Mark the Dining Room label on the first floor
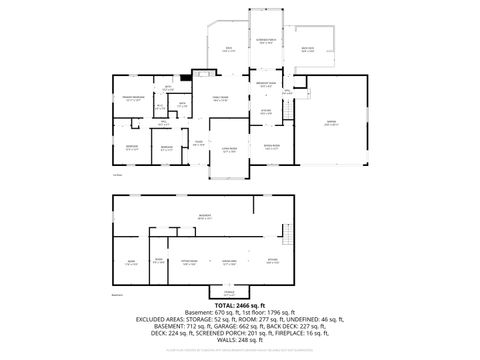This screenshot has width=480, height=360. [271, 147]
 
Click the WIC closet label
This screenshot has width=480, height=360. [161, 107]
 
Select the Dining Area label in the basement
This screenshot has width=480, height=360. [229, 263]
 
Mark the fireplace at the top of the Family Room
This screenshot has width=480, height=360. [204, 73]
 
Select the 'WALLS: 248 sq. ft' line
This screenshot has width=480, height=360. [240, 340]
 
